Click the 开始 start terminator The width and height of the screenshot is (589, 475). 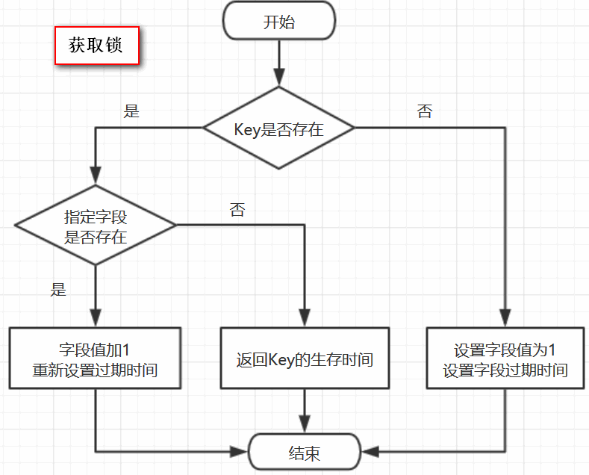pos(279,22)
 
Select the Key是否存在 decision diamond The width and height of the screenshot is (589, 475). pos(279,128)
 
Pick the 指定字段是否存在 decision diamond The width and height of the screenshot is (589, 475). pos(96,225)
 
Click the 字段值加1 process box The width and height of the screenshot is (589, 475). pos(96,358)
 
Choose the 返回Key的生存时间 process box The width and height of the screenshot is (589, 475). pos(305,358)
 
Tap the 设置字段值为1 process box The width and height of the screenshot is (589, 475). pos(505,358)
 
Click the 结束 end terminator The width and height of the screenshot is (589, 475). pos(305,453)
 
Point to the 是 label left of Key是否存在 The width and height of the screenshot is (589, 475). pos(131,112)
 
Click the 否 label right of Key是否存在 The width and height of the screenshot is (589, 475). pos(424,112)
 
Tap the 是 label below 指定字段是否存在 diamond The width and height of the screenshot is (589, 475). pos(58,290)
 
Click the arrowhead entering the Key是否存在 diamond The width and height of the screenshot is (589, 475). pos(279,78)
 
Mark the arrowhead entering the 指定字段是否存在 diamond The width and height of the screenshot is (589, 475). pos(96,176)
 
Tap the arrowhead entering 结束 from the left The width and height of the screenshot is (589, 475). pos(242,452)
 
